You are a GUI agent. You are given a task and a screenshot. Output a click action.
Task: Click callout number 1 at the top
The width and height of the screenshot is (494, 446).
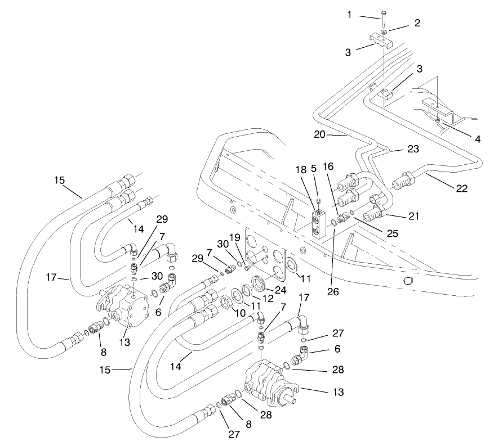pyautogui.click(x=349, y=15)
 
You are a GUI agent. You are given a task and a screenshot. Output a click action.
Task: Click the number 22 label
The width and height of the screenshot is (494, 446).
pyautogui.click(x=461, y=188)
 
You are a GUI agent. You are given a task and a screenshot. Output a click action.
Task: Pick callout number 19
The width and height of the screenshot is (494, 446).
pyautogui.click(x=235, y=238)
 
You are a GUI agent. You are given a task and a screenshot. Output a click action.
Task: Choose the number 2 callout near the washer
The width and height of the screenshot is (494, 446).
pyautogui.click(x=417, y=24)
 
